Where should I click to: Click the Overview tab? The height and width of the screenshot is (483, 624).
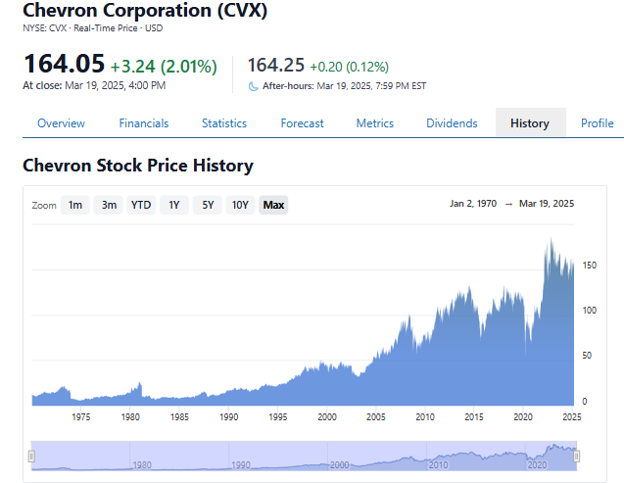[x=61, y=123]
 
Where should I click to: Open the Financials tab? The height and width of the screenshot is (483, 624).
[x=144, y=123]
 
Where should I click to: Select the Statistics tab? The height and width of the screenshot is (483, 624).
[x=224, y=123]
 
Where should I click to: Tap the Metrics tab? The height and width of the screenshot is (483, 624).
[x=374, y=123]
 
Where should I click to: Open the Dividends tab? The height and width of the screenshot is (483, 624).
[x=452, y=123]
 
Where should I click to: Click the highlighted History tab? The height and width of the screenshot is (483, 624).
[x=530, y=123]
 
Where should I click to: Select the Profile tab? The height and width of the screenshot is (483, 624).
[x=597, y=123]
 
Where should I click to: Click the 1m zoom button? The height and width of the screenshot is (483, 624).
[x=75, y=205]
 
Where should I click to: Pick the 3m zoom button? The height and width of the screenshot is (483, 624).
[x=109, y=205]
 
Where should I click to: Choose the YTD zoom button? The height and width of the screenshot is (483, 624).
[x=141, y=205]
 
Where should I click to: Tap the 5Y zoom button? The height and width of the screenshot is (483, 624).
[x=207, y=205]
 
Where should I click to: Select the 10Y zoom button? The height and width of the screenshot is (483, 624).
[x=239, y=205]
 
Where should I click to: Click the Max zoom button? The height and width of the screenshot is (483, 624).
[x=273, y=205]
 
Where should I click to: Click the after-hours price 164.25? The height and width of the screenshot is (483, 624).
[x=275, y=65]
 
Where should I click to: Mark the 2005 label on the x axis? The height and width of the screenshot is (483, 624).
[x=376, y=416]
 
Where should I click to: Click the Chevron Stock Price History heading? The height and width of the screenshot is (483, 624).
[x=138, y=166]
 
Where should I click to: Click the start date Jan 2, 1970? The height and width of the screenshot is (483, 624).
[x=473, y=204]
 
